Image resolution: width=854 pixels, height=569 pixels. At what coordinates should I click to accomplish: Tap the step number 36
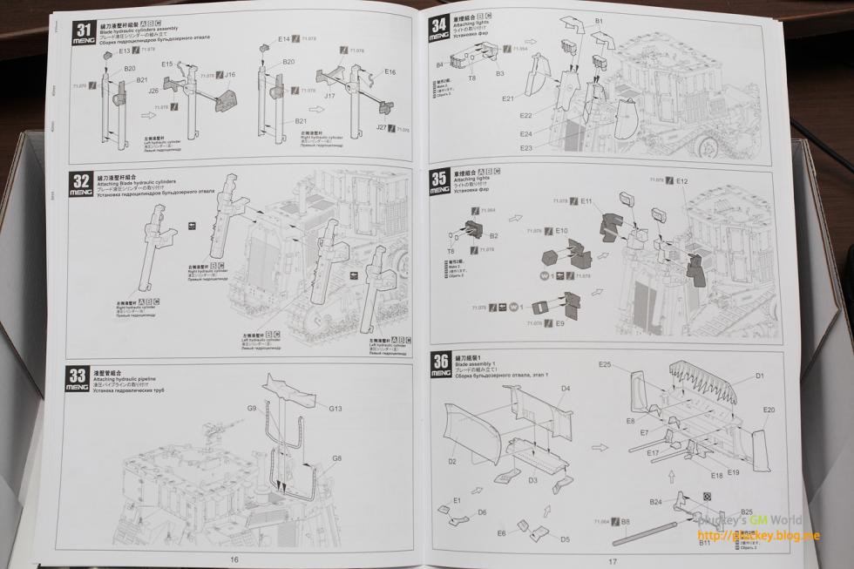[440, 362]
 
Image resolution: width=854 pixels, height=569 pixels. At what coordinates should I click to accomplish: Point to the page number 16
[234, 559]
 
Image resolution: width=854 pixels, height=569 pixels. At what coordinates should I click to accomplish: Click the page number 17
[613, 561]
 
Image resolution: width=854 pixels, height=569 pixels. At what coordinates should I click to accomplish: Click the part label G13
[335, 408]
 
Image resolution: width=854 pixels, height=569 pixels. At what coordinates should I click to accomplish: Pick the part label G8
[336, 457]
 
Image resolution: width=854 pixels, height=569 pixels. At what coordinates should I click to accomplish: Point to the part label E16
[390, 71]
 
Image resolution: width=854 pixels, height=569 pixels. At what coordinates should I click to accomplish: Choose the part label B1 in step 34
[599, 20]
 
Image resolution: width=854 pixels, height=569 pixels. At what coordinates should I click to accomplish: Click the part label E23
[525, 148]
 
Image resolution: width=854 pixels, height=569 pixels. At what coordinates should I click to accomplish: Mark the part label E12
[681, 180]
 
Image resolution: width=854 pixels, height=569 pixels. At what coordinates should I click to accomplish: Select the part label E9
[559, 323]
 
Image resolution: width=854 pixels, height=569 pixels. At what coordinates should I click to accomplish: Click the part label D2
[452, 461]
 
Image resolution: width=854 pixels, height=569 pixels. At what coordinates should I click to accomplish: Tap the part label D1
[759, 376]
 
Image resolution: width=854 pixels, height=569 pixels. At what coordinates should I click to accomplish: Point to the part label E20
[769, 410]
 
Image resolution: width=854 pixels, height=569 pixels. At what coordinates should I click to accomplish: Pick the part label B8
[626, 521]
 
